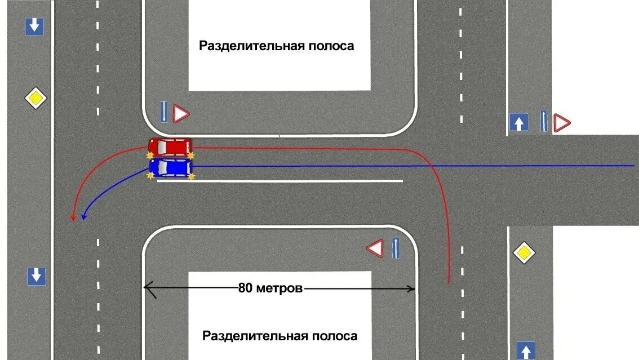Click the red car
[x=170, y=147]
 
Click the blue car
[x=171, y=167]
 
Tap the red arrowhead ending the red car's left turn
[x=73, y=217]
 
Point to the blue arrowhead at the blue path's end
[x=85, y=216]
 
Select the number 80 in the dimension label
[x=246, y=288]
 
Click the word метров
[x=279, y=288]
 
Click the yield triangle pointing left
[x=375, y=248]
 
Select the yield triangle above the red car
[x=181, y=114]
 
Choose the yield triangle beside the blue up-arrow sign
[x=561, y=123]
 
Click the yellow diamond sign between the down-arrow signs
[x=36, y=98]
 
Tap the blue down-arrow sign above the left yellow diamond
[x=35, y=26]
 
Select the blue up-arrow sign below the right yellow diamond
[x=525, y=350]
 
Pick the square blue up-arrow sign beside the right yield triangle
[x=519, y=122]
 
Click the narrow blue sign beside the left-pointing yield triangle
[x=396, y=248]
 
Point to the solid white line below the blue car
[x=280, y=181]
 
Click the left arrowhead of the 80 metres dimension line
[x=147, y=287]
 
